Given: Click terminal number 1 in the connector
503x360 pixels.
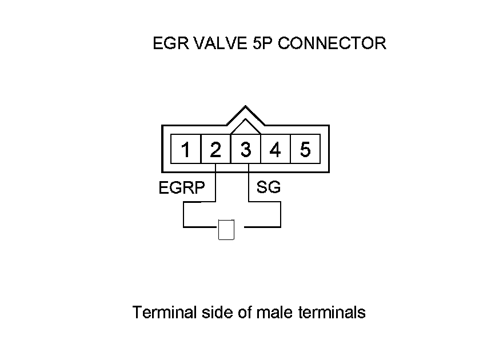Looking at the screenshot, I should pyautogui.click(x=186, y=150).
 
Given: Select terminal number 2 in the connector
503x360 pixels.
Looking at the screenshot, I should pyautogui.click(x=215, y=150).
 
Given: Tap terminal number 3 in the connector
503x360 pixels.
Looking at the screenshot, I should pyautogui.click(x=246, y=150).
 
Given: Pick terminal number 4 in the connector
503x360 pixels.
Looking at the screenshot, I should pyautogui.click(x=276, y=150).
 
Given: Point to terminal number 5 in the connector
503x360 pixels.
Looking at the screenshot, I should pyautogui.click(x=305, y=150).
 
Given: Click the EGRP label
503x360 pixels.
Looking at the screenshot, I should pyautogui.click(x=182, y=188).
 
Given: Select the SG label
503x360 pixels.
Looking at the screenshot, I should pyautogui.click(x=269, y=187).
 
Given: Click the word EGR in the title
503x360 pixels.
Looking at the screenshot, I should pyautogui.click(x=168, y=43).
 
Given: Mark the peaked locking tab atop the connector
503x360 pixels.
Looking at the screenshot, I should pyautogui.click(x=246, y=114).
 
